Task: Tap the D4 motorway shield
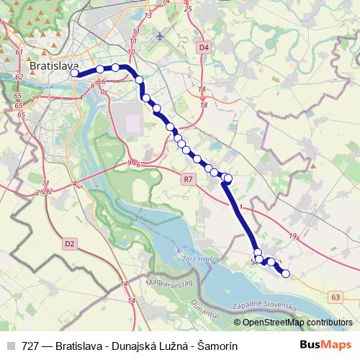click(204, 47)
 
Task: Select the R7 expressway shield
click(189, 179)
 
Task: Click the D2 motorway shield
click(69, 243)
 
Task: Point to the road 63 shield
click(336, 296)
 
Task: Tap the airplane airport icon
click(160, 35)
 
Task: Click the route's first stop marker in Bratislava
click(74, 73)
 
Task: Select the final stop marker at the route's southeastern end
click(286, 274)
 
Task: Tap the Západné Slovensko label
click(266, 306)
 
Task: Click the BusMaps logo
click(325, 345)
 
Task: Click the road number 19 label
click(292, 236)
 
